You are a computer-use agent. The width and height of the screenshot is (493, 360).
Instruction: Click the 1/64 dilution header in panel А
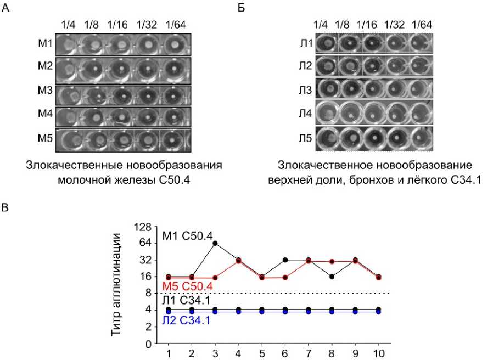point(176,25)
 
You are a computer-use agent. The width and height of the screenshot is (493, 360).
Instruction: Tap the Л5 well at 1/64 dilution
point(420,138)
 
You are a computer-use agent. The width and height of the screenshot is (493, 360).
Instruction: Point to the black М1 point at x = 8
point(332,277)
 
